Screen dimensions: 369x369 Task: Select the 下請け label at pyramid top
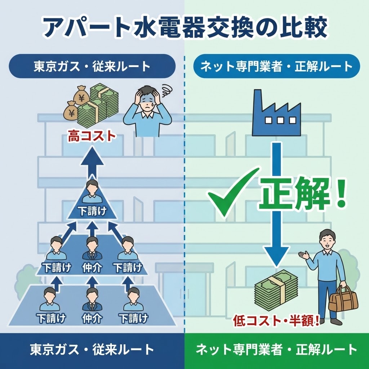tap(92, 211)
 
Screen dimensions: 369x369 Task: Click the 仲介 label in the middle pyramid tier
tap(92, 267)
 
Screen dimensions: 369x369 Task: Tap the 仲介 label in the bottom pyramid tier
tap(92, 318)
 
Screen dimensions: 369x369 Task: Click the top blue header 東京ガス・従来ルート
tap(92, 66)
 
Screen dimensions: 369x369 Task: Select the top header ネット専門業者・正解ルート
tap(276, 66)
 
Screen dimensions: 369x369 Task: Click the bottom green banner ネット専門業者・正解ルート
tap(276, 350)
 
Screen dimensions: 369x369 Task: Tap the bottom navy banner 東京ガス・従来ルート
tap(92, 350)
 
